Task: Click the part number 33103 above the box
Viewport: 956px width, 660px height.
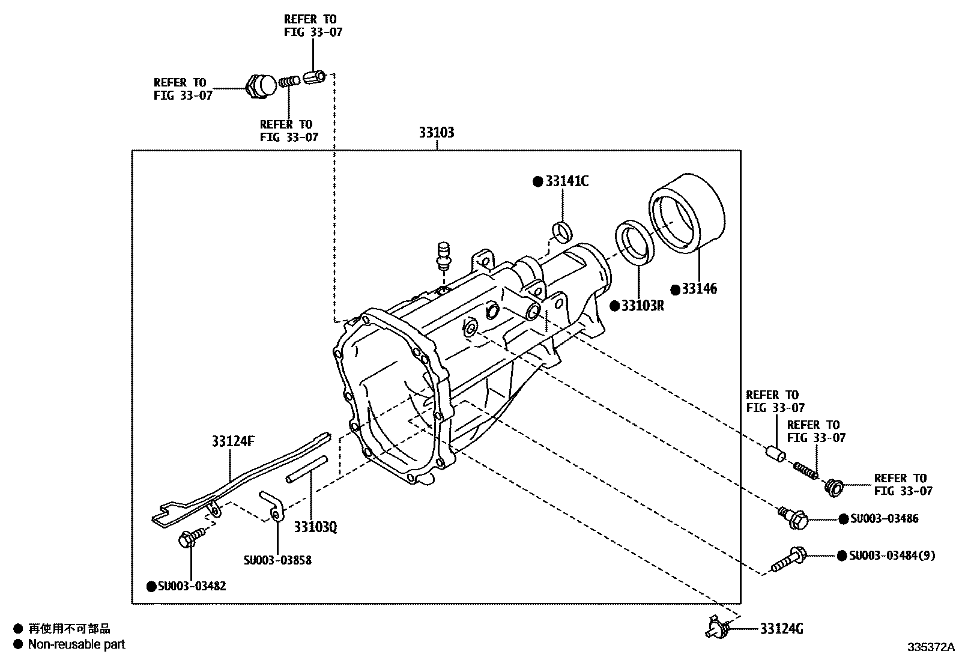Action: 436,132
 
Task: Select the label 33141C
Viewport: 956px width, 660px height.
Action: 567,181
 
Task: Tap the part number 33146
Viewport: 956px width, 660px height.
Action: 699,289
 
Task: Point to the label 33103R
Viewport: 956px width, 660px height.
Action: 643,306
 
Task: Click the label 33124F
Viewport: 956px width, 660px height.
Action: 233,441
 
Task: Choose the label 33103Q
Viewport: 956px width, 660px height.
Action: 315,527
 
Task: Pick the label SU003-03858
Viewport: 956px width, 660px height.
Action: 277,560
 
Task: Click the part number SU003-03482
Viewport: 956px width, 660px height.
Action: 192,586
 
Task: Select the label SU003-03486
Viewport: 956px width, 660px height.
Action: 885,518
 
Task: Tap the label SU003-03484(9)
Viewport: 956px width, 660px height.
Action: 892,556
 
